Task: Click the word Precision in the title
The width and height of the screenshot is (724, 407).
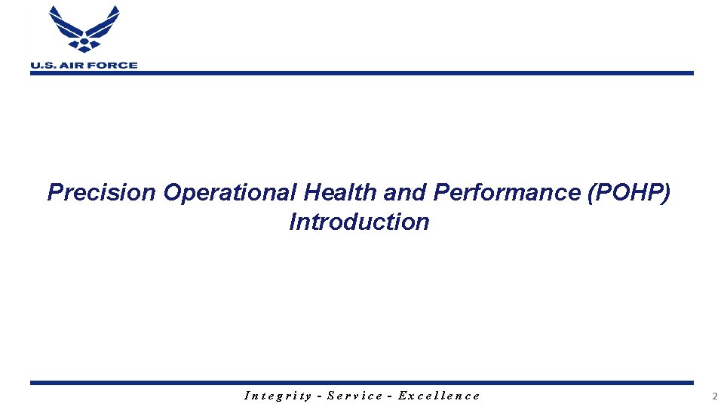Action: click(101, 193)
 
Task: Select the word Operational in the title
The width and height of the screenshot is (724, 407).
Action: click(230, 193)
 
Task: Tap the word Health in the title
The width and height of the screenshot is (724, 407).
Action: click(341, 193)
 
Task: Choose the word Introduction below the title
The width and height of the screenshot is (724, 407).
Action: click(359, 222)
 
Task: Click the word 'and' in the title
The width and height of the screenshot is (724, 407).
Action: click(406, 193)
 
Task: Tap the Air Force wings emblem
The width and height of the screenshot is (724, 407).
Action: click(84, 30)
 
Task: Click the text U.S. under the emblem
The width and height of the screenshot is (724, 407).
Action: click(43, 66)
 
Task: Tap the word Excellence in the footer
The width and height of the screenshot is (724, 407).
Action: click(439, 395)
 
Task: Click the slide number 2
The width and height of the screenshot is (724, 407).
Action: click(713, 396)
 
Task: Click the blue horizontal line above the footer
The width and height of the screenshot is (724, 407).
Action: click(362, 383)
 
